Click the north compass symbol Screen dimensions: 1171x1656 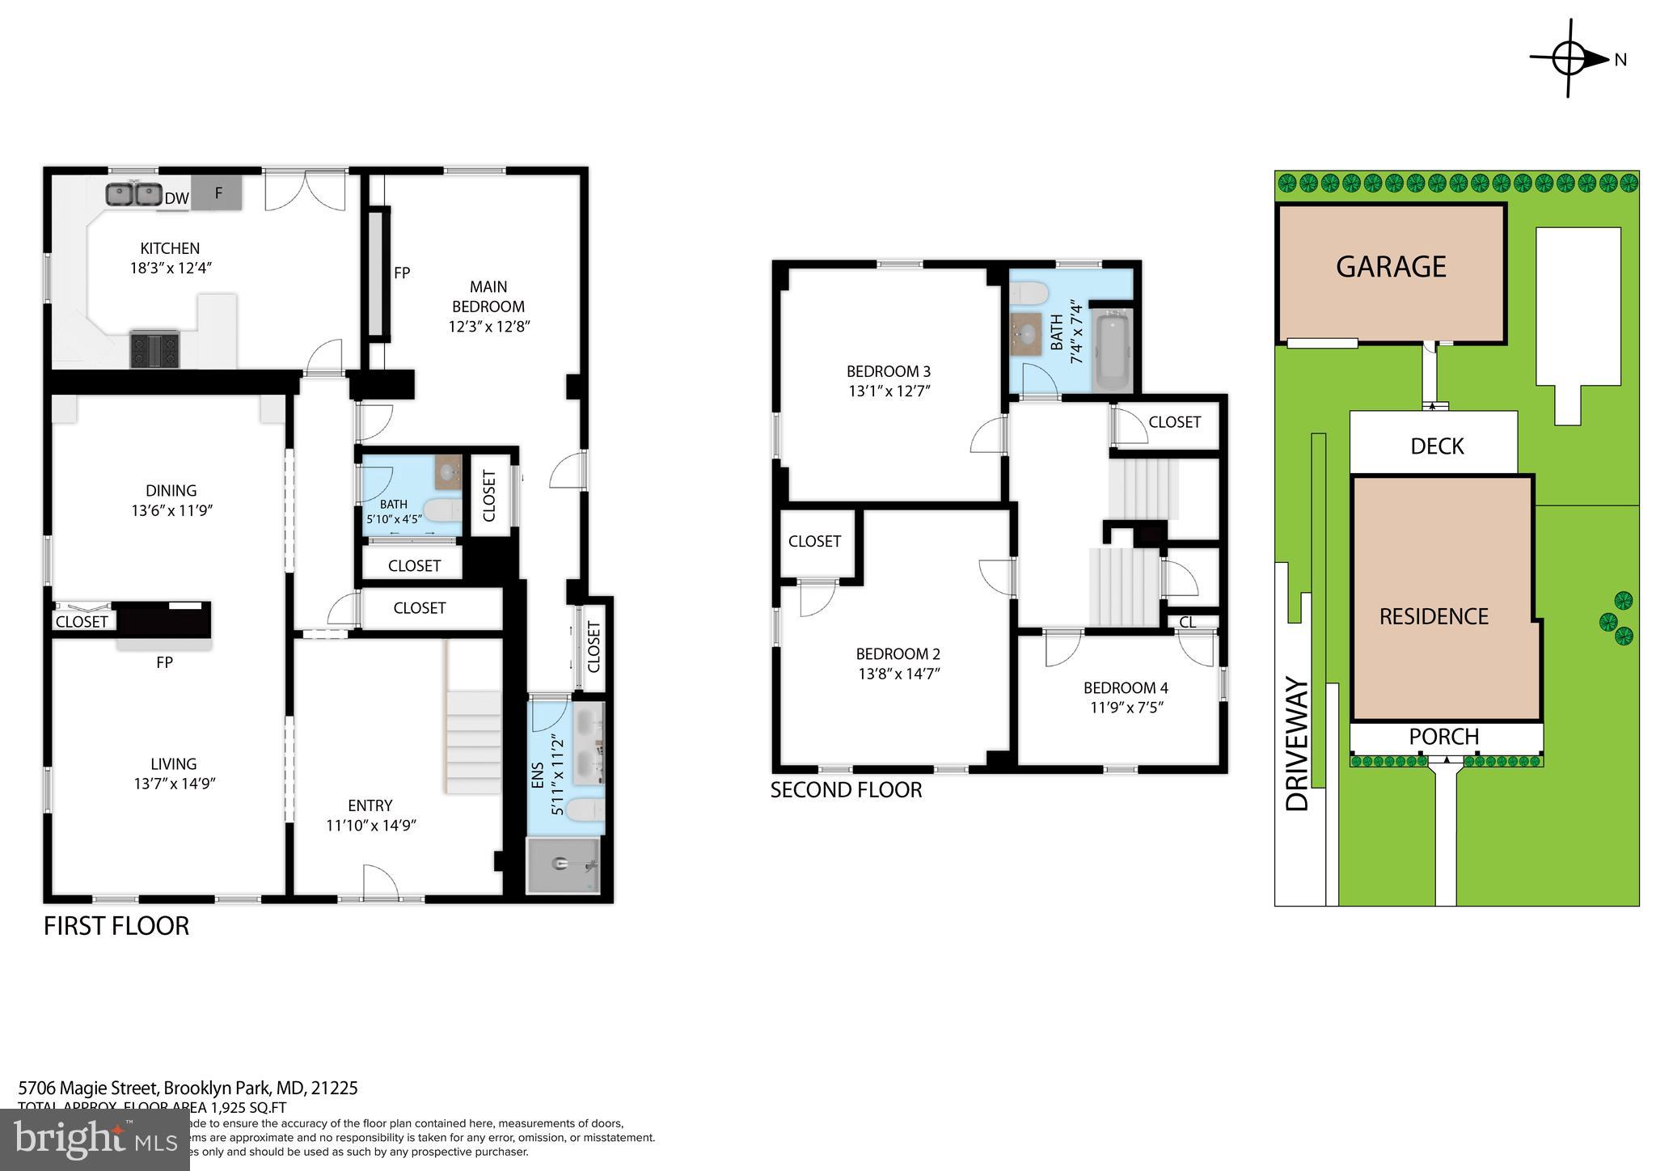click(1569, 59)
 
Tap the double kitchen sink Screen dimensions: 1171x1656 click(133, 195)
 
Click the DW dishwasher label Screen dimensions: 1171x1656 click(176, 198)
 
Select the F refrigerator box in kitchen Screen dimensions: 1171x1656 click(218, 193)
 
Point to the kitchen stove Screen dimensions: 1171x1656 click(154, 349)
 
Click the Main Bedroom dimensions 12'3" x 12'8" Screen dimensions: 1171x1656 click(488, 327)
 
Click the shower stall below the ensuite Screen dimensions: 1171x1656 click(564, 865)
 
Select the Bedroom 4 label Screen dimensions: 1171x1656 click(1126, 688)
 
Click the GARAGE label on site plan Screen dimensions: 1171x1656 click(1391, 267)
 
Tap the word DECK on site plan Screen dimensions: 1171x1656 click(1437, 446)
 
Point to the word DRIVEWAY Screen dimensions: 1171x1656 click(1297, 744)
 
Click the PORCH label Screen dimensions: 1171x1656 click(1443, 737)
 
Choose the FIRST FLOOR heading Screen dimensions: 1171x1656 click(116, 926)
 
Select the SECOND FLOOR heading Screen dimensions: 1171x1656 click(846, 790)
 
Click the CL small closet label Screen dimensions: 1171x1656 click(1187, 622)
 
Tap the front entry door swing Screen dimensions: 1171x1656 click(381, 881)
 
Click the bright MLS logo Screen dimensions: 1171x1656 click(95, 1140)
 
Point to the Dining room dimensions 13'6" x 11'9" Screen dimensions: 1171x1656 click(171, 510)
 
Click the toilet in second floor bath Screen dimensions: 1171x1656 click(1029, 292)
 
